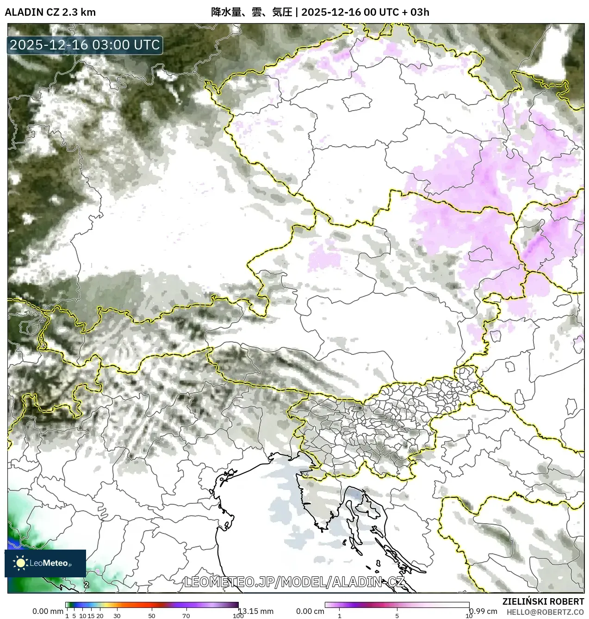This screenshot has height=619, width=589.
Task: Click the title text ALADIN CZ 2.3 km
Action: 50,12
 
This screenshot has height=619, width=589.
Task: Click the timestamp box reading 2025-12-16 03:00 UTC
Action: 85,45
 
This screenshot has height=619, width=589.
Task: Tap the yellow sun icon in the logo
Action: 20,563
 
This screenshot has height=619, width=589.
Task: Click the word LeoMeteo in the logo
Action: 49,563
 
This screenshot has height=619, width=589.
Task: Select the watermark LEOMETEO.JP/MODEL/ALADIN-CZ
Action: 294,582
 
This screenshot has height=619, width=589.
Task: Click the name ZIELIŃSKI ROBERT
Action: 543,601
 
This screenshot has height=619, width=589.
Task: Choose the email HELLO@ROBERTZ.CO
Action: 545,612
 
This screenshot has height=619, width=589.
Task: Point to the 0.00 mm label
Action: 48,611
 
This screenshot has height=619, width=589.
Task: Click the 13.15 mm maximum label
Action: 256,611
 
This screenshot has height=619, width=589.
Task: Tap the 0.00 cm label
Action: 310,611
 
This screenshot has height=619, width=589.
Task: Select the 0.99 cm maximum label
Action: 483,611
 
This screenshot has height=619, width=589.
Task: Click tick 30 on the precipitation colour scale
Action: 117,616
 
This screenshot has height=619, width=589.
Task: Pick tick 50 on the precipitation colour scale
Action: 152,616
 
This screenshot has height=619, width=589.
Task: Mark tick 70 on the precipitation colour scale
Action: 186,616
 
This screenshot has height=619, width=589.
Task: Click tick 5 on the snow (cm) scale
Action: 397,616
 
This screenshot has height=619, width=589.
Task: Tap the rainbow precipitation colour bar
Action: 152,605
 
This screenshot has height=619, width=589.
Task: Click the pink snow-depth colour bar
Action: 397,605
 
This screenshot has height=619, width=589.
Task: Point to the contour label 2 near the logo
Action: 87,585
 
